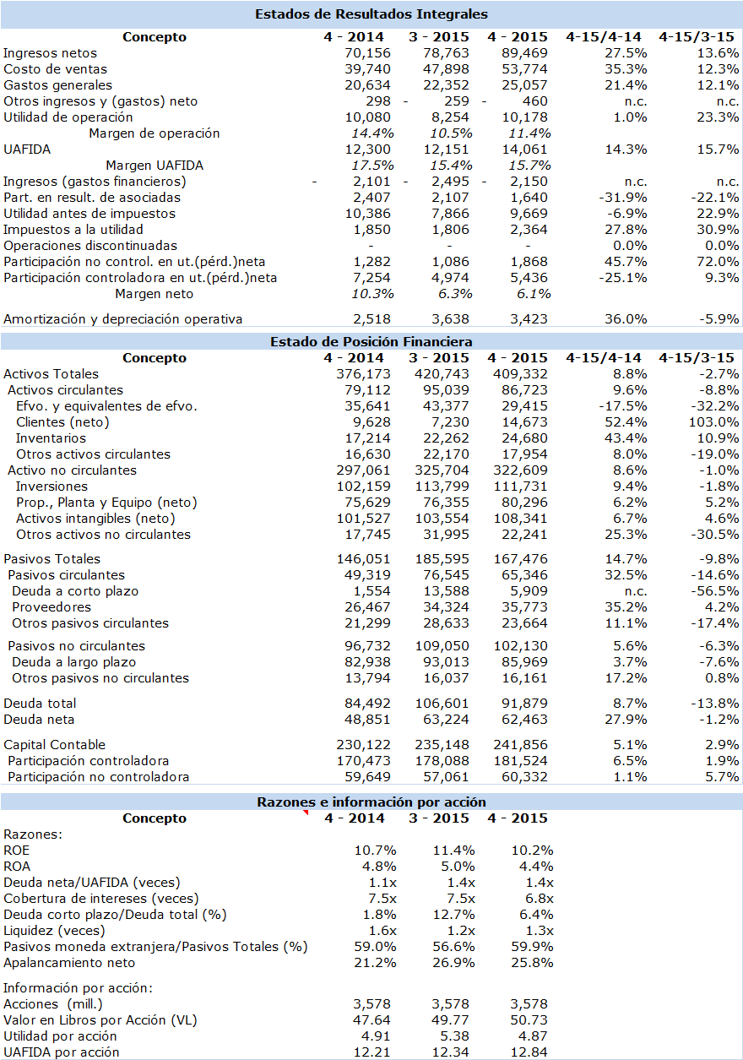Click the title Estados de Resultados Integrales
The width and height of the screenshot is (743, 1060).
[x=371, y=14]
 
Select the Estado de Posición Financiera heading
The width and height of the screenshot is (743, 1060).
[x=371, y=341]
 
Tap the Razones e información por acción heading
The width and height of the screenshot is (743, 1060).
[x=371, y=802]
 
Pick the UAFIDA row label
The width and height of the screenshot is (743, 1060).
[x=28, y=149]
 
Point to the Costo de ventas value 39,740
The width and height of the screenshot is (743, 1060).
[x=360, y=69]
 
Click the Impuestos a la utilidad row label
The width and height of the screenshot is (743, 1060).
[x=73, y=229]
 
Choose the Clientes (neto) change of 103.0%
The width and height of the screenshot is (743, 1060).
[x=714, y=422]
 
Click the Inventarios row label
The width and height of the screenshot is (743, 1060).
[x=51, y=438]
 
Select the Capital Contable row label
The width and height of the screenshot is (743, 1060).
[x=55, y=744]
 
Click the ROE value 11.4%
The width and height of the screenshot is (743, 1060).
[x=453, y=850]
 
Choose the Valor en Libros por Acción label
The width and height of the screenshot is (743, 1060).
[x=100, y=1020]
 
